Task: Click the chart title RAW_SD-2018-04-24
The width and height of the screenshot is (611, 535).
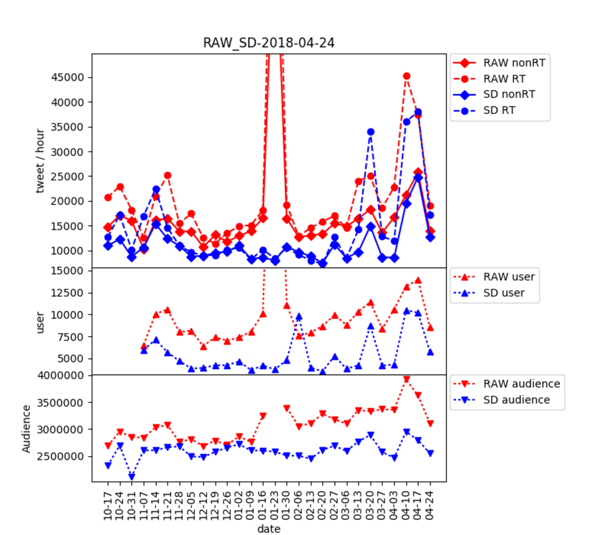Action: (268, 43)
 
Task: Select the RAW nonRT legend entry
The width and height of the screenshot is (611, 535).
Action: (514, 63)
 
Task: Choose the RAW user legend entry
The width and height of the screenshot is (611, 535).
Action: (509, 277)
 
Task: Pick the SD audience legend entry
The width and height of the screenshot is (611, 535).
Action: (516, 400)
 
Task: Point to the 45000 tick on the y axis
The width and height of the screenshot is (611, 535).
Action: (68, 78)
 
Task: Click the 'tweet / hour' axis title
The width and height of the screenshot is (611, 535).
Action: (40, 161)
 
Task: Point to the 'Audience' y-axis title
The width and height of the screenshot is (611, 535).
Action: (26, 429)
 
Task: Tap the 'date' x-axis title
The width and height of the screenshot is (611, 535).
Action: (269, 529)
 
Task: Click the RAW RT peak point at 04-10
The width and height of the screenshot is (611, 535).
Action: (407, 76)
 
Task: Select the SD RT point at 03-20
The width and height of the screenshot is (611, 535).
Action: (371, 132)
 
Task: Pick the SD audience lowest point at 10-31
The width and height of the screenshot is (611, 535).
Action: (132, 477)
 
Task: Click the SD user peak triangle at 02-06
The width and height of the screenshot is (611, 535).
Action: (299, 317)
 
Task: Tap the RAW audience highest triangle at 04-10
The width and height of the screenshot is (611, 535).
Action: (407, 379)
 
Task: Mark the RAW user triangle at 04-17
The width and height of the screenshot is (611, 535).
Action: (418, 281)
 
